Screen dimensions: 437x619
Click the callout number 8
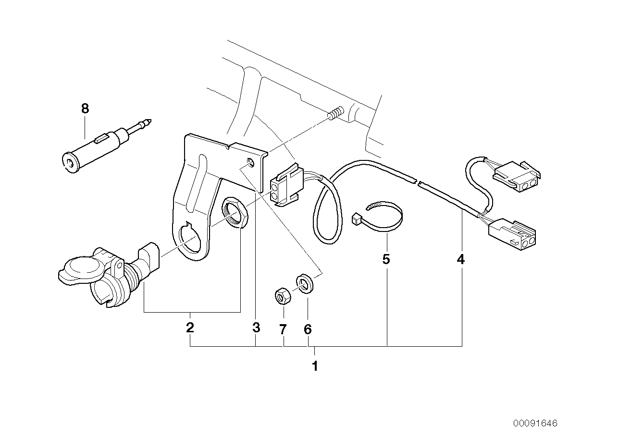click(x=85, y=109)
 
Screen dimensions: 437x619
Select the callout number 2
click(x=190, y=328)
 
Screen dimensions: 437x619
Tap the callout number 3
click(x=256, y=328)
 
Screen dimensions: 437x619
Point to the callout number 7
click(x=283, y=329)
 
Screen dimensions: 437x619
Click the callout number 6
click(x=308, y=329)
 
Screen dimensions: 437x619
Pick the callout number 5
click(x=386, y=259)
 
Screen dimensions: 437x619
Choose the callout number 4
click(x=460, y=260)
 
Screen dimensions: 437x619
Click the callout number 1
click(x=315, y=366)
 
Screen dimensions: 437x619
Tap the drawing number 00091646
click(x=534, y=423)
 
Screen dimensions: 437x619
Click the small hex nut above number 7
click(x=282, y=296)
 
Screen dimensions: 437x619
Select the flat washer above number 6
click(x=305, y=283)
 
